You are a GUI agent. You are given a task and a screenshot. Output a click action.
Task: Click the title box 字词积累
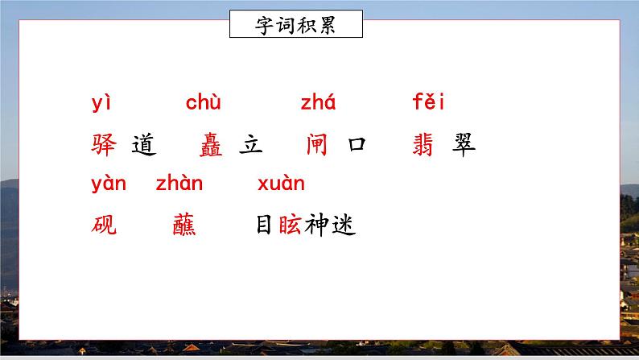click(x=295, y=24)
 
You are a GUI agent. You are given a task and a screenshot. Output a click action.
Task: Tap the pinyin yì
click(x=101, y=104)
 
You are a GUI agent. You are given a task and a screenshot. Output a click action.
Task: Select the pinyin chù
click(x=204, y=104)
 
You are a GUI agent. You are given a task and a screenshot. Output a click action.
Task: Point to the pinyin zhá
click(x=318, y=104)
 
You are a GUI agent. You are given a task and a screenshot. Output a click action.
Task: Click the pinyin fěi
click(x=428, y=103)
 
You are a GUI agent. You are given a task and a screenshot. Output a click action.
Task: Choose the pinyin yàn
click(x=109, y=184)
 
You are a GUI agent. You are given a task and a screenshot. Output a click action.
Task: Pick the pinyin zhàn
click(x=179, y=184)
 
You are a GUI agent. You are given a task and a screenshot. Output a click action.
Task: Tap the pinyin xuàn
click(x=281, y=184)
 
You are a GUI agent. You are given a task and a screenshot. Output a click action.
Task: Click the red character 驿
click(x=105, y=145)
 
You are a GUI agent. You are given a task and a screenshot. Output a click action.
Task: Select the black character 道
click(x=142, y=145)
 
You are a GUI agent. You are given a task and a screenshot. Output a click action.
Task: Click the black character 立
click(x=251, y=145)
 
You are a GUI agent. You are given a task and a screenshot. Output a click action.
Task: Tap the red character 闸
click(x=317, y=145)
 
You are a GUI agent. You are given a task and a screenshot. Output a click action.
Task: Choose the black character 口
click(x=356, y=145)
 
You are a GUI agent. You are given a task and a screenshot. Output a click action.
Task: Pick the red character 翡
click(x=423, y=145)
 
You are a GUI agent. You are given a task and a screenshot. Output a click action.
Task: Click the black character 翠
click(x=463, y=145)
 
